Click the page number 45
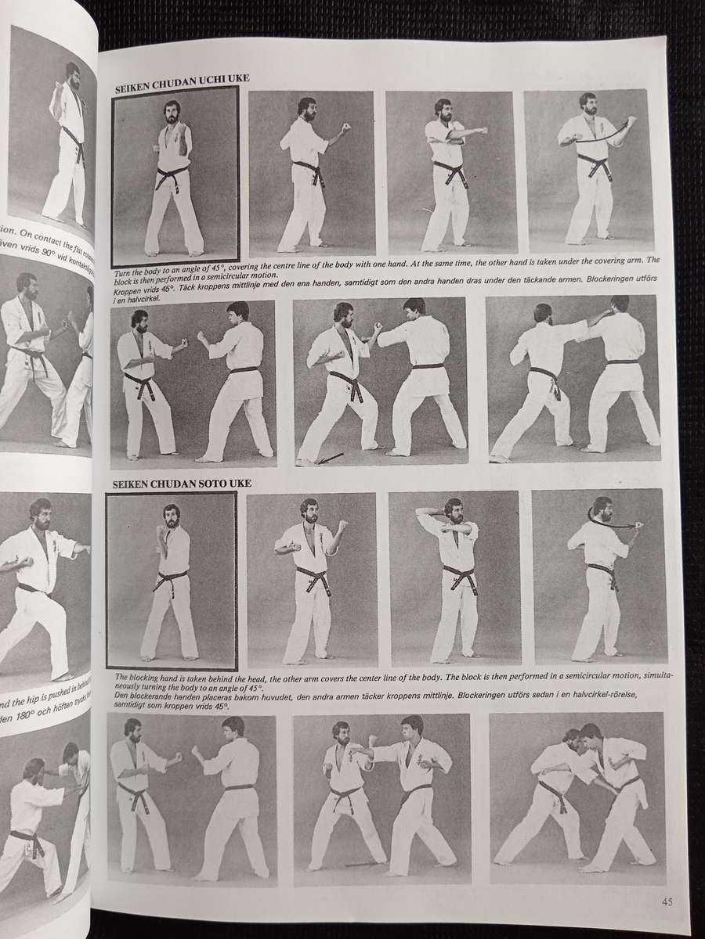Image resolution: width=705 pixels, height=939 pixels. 666,901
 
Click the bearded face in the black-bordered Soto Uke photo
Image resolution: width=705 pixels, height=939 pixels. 171,516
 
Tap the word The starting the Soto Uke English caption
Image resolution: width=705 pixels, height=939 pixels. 122,675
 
